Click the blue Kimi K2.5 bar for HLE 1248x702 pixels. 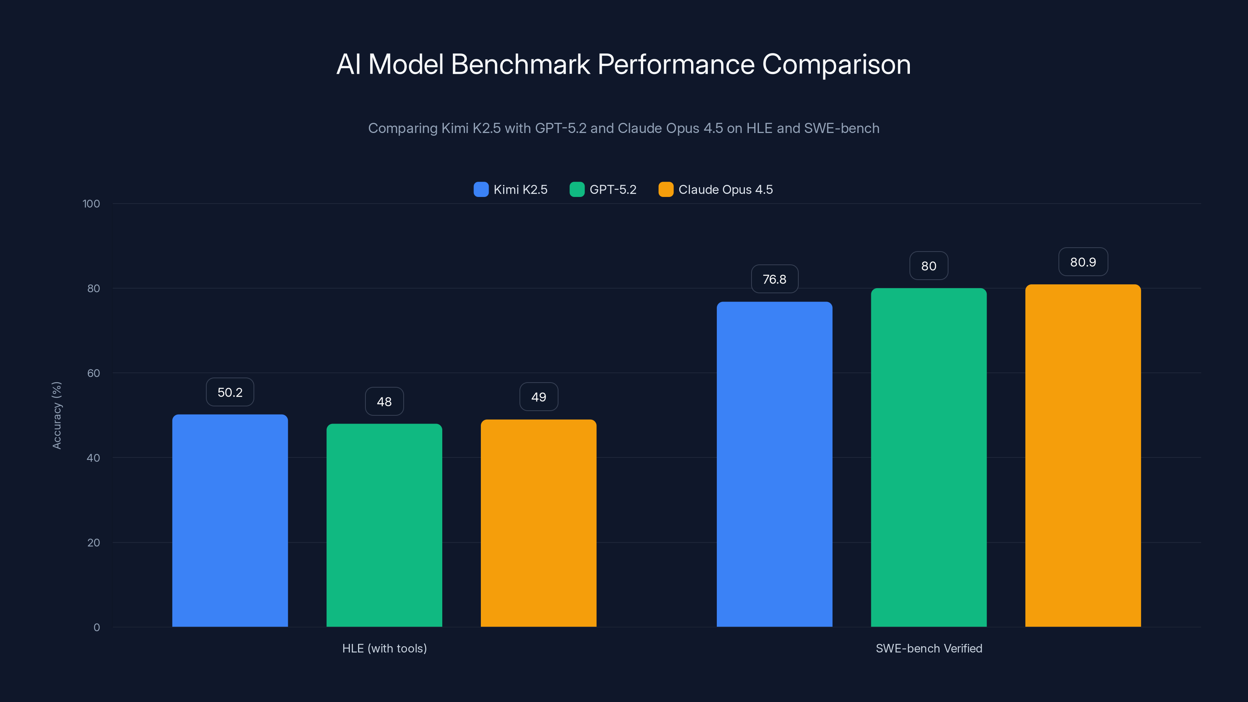[230, 521]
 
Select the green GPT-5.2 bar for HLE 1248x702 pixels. [384, 526]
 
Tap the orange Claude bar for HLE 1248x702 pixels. [538, 523]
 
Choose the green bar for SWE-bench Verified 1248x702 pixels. [928, 457]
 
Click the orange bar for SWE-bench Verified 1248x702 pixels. [1083, 456]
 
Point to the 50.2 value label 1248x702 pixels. [230, 392]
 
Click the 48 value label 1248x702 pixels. [384, 402]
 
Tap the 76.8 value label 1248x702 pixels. [774, 279]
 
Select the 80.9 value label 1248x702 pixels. [1083, 262]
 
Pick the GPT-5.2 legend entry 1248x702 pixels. [603, 190]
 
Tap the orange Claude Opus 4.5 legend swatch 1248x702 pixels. [666, 190]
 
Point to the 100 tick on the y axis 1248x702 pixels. [91, 204]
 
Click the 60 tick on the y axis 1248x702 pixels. [94, 373]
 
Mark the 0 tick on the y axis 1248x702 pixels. [96, 628]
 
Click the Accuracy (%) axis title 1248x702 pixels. [57, 415]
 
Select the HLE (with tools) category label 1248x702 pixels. [384, 648]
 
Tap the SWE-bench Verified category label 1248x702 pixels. [929, 648]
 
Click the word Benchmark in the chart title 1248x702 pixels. [520, 64]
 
